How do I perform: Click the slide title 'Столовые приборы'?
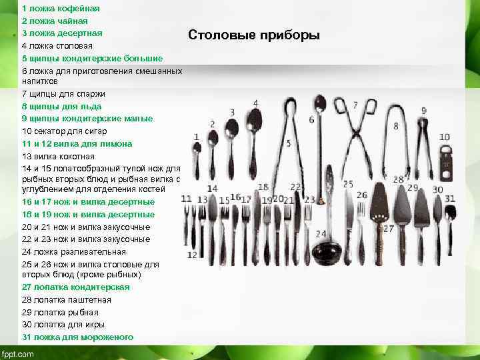(x=254, y=35)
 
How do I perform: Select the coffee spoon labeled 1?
(x=197, y=160)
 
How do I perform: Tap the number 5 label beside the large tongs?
(x=288, y=143)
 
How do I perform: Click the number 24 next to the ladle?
(x=321, y=233)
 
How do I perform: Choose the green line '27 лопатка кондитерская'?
(x=75, y=287)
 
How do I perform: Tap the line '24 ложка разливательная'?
(x=73, y=251)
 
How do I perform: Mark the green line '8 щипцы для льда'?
(x=62, y=105)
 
